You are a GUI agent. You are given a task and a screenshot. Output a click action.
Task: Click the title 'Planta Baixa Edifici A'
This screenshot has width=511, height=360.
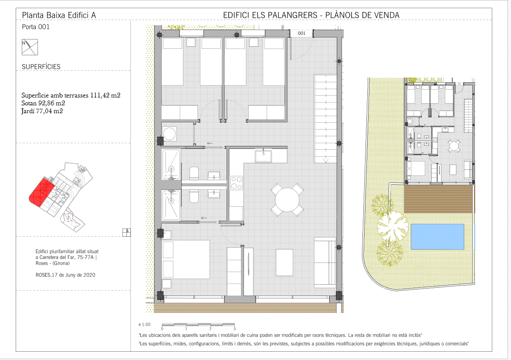click(59, 15)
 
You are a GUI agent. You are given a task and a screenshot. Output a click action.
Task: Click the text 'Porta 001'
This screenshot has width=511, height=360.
click(36, 27)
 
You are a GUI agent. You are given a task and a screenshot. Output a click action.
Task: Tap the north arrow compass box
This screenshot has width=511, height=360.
click(30, 47)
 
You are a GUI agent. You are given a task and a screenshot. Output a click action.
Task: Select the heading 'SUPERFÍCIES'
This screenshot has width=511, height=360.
click(41, 67)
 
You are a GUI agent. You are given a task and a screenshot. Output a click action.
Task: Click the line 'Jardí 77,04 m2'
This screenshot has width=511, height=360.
click(42, 111)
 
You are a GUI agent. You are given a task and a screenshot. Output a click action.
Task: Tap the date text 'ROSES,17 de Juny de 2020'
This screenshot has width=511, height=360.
click(65, 275)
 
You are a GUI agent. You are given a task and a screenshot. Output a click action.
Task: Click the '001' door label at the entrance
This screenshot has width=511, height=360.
click(301, 33)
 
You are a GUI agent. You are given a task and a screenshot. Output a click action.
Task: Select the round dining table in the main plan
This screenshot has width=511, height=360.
click(287, 200)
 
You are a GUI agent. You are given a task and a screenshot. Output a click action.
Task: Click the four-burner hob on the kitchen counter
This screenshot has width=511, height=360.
click(236, 183)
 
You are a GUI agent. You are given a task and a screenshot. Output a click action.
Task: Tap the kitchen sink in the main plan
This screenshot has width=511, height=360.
click(263, 156)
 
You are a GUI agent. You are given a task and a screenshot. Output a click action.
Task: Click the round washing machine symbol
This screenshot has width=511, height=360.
click(169, 134)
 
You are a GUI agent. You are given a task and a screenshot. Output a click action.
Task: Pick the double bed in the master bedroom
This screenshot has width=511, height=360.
click(186, 259)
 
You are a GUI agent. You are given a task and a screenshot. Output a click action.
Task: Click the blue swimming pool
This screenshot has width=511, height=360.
click(437, 236)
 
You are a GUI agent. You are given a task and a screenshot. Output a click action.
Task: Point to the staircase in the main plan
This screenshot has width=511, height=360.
click(325, 119)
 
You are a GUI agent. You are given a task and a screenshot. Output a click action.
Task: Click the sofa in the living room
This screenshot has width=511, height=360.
click(325, 263)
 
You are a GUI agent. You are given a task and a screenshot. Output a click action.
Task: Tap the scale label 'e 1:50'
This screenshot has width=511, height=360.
click(145, 324)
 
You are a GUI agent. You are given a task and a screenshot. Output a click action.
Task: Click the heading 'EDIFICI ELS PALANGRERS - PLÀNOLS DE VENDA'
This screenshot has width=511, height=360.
click(311, 15)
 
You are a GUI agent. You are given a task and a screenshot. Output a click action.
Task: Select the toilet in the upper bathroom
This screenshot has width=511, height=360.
click(194, 173)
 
